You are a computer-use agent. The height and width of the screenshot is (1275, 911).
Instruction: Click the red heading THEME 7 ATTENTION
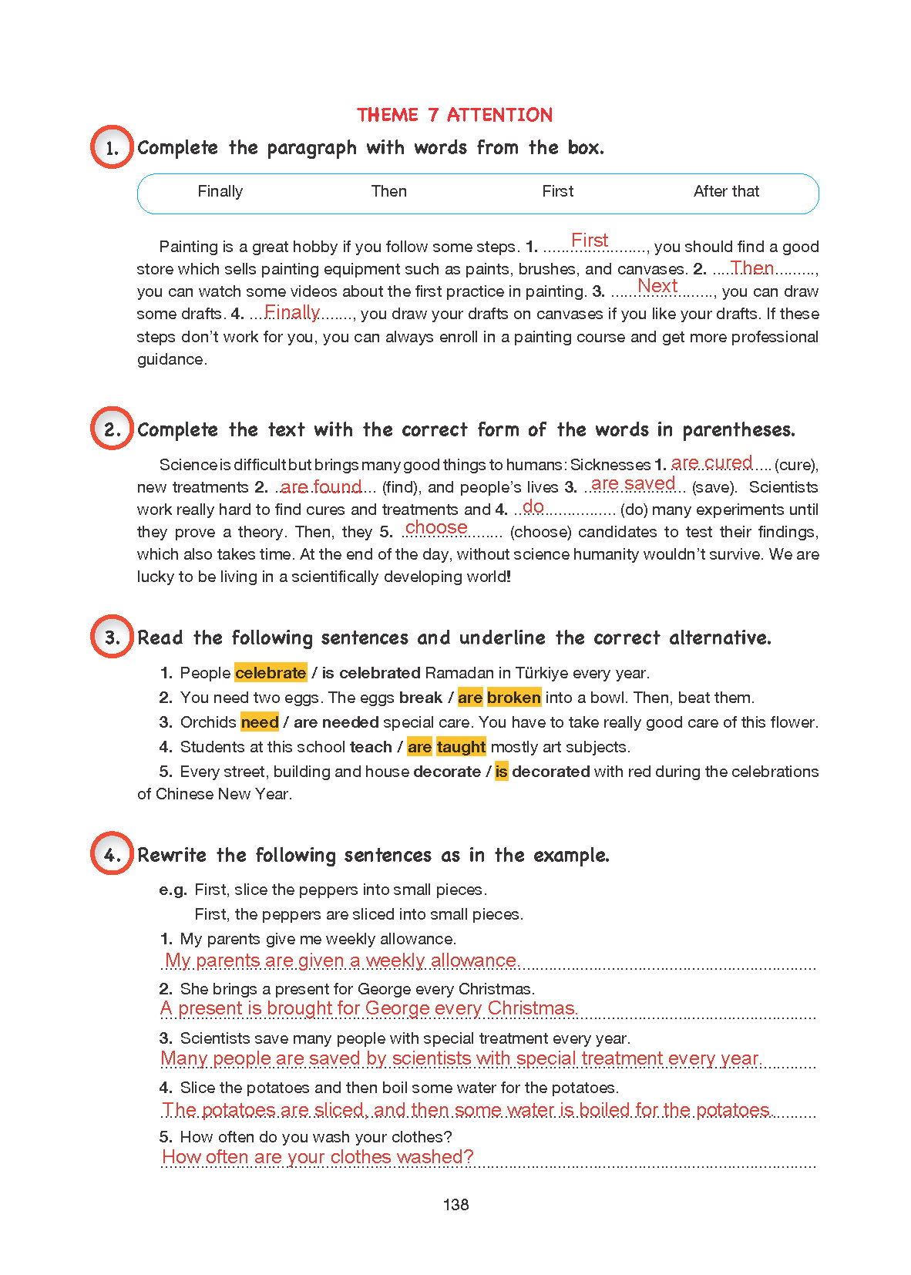tap(455, 115)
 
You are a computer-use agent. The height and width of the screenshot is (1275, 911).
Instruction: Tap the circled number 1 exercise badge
tap(112, 147)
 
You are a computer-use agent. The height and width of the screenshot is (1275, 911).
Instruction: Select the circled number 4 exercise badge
tap(112, 853)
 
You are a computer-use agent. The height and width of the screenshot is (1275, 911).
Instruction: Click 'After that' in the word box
tap(726, 191)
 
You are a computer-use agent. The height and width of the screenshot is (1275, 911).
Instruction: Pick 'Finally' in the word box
tap(220, 191)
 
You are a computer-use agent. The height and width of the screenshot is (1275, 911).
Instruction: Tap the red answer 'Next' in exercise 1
tap(657, 286)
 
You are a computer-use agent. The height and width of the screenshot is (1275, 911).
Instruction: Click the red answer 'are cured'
tap(711, 463)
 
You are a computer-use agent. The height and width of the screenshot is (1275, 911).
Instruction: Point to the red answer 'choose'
tap(436, 527)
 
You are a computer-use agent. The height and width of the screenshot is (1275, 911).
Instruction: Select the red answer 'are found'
tap(321, 486)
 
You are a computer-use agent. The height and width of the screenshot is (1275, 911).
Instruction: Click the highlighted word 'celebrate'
tap(271, 673)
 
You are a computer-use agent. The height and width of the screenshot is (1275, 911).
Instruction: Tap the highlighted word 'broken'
tap(513, 698)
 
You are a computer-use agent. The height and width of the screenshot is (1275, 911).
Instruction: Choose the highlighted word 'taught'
tap(461, 747)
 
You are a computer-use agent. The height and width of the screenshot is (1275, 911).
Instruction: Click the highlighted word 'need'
tap(260, 722)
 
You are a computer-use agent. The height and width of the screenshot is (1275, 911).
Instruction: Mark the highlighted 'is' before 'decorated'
tap(501, 772)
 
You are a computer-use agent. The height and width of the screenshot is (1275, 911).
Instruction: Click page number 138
tap(456, 1205)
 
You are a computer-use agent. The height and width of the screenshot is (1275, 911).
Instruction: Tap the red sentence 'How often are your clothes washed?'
tap(318, 1157)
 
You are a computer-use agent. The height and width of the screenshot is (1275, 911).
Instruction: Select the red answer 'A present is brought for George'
tap(368, 1008)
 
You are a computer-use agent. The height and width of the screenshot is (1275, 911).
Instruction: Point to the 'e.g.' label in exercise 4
tap(173, 890)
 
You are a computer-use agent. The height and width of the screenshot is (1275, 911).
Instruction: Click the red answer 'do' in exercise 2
tap(533, 506)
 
